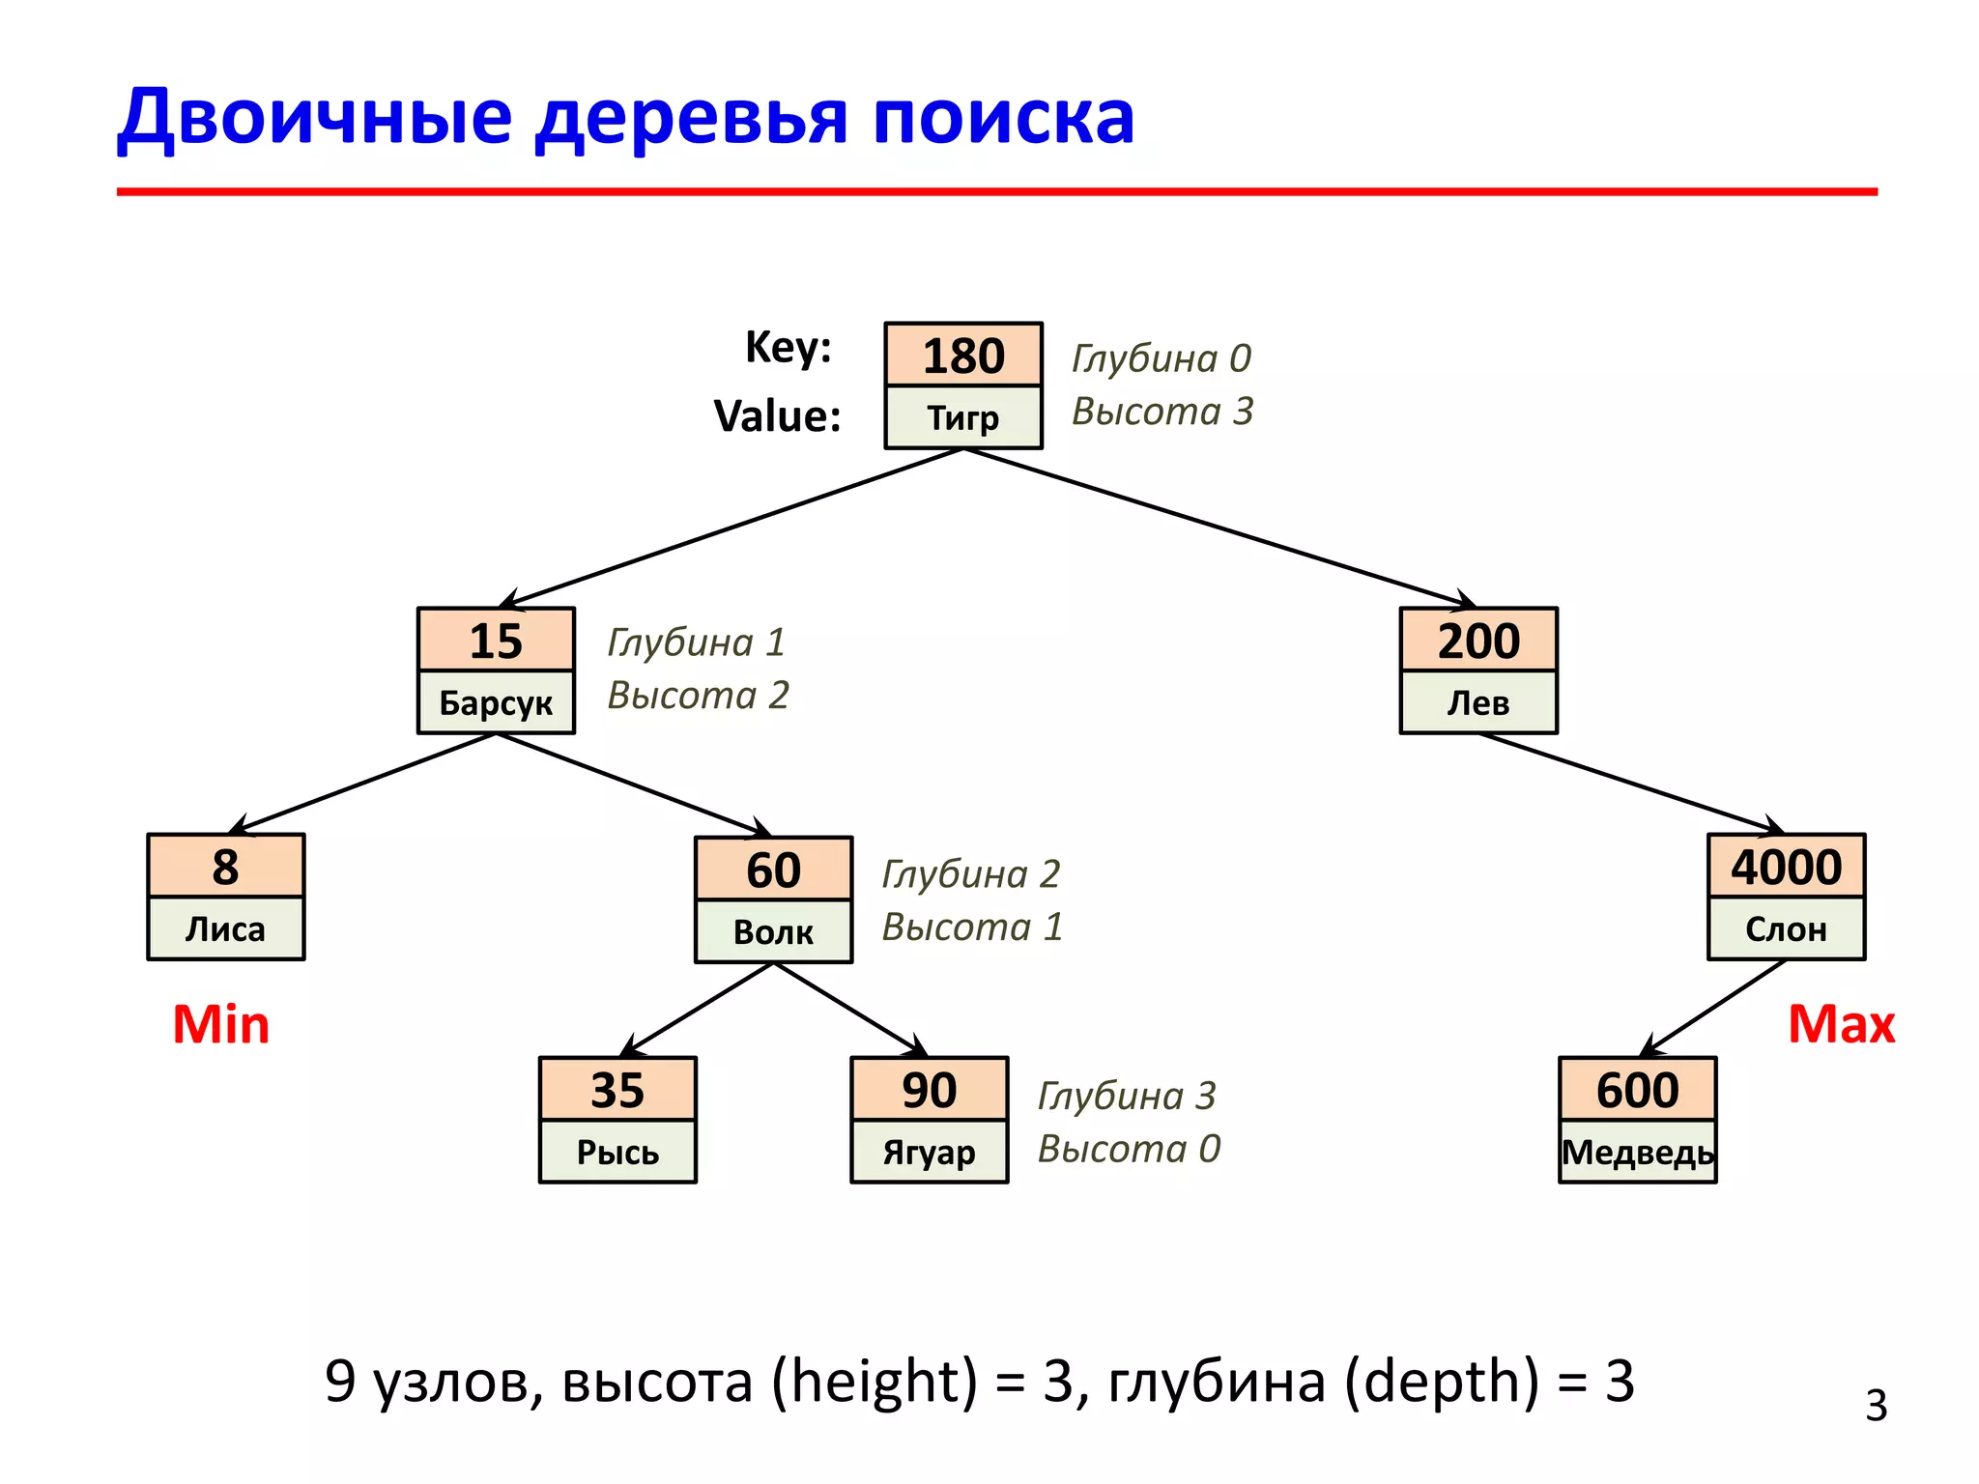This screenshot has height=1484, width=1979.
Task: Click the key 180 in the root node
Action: (963, 356)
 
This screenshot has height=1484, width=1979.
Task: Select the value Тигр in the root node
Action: (963, 417)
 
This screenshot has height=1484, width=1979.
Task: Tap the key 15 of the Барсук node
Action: (496, 641)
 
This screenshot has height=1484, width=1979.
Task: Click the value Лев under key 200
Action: (1477, 702)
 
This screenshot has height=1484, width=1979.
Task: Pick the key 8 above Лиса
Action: (225, 867)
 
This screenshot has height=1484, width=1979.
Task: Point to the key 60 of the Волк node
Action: (773, 870)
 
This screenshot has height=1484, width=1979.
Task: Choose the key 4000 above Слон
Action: (1786, 867)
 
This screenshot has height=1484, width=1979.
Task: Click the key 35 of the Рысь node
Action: (617, 1090)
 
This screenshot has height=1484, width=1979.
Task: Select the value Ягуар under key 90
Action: (929, 1152)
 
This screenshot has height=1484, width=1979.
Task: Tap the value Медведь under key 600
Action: (1637, 1152)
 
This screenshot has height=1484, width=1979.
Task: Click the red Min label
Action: (220, 1024)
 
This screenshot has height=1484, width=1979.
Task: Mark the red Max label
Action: (1841, 1024)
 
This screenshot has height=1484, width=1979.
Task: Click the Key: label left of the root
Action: (788, 346)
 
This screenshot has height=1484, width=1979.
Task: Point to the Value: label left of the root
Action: (777, 416)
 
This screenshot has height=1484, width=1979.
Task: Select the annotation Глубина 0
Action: (1162, 358)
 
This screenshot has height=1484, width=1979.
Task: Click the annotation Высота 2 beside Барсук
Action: (698, 695)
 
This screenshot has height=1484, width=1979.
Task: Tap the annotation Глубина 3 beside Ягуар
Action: (1127, 1096)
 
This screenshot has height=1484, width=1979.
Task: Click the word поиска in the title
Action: (1003, 117)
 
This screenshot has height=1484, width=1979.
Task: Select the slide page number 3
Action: (1876, 1406)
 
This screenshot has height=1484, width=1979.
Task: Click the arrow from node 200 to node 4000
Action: (1631, 783)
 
